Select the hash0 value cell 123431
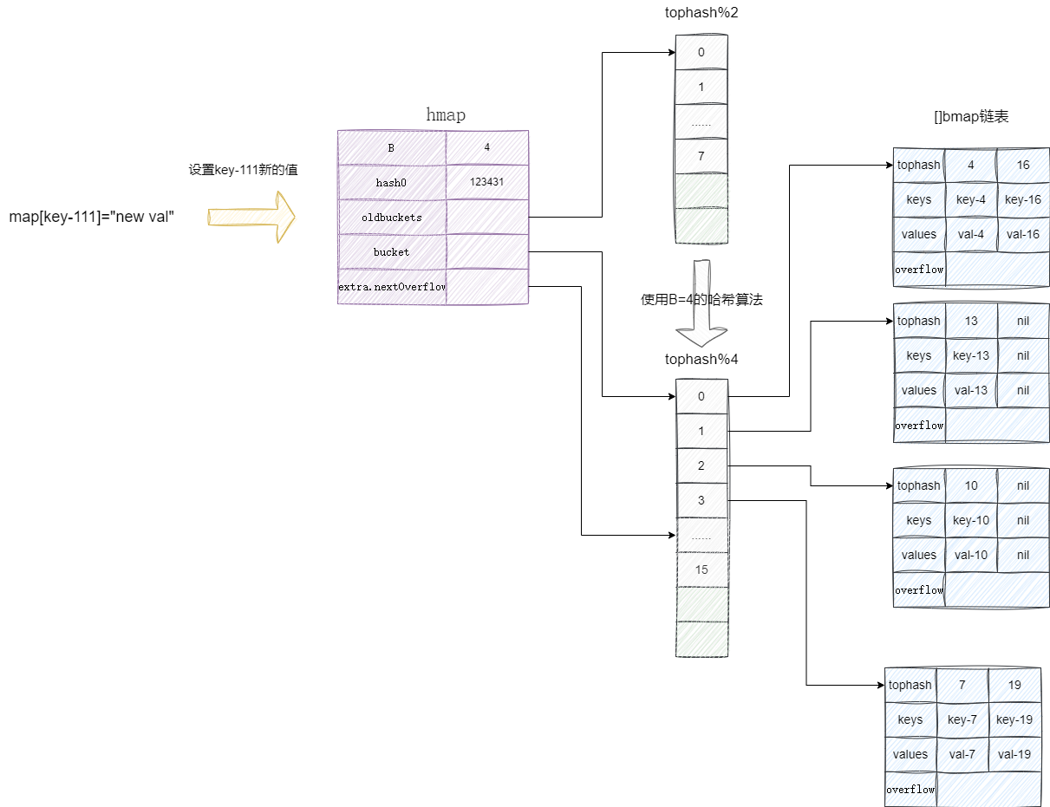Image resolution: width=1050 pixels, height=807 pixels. point(486,182)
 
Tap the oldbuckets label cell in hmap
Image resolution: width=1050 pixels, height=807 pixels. point(392,217)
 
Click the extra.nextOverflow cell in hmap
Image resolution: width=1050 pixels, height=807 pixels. point(392,286)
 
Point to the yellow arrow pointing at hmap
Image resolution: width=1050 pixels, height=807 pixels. point(251,217)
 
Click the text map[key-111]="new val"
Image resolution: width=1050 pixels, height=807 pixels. point(93,217)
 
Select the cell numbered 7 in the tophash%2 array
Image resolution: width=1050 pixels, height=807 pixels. point(701,156)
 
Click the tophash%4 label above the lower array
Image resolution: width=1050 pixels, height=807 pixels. point(701,359)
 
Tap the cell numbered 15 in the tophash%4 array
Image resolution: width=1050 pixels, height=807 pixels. point(701,569)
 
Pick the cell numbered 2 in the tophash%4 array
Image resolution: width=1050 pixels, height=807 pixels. point(701,465)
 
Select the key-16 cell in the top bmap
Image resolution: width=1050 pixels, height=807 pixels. point(1022,199)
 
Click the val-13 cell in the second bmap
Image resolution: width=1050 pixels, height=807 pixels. point(971,390)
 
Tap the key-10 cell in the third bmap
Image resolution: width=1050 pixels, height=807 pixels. point(971,520)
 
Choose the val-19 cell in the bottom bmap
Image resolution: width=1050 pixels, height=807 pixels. point(1014,754)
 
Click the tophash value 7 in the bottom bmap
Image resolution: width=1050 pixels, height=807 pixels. point(962,685)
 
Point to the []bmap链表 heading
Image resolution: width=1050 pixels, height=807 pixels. point(971,117)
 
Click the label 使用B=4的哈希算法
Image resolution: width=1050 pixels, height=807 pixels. point(701,300)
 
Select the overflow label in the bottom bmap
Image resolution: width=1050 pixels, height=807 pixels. point(910,789)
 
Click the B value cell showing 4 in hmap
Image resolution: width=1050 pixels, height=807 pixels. point(486,147)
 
